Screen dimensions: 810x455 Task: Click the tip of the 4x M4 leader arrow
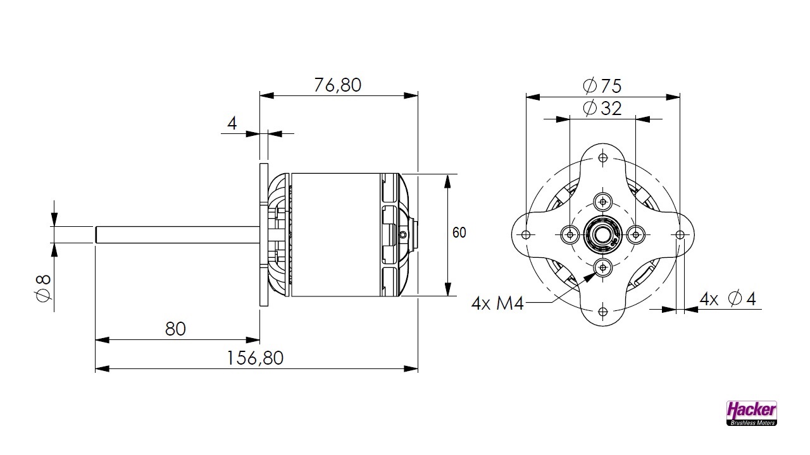tap(596, 273)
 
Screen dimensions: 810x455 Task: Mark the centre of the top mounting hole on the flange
tap(603, 158)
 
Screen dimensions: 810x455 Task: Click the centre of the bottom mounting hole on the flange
tap(603, 312)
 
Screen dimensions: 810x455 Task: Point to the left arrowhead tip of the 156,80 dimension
tap(95, 368)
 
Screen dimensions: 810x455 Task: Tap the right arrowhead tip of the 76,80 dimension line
tap(418, 95)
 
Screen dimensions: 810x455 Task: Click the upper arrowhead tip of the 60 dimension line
tap(447, 174)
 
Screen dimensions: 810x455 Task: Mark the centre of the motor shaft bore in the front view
tap(603, 234)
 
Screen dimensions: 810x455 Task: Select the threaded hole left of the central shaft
tap(570, 234)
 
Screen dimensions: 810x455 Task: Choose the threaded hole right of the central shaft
tap(636, 234)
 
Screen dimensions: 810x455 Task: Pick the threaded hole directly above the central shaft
tap(603, 202)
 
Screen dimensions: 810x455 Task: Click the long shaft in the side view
tap(177, 234)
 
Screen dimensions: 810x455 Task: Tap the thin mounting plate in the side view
tap(264, 234)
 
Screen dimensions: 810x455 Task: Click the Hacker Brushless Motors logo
tap(751, 413)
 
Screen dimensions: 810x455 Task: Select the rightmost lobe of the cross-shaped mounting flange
tap(680, 234)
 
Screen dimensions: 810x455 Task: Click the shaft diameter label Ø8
tap(43, 288)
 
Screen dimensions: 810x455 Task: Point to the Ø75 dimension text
tap(602, 86)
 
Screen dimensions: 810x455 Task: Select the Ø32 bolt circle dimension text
tap(602, 108)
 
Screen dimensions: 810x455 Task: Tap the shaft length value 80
tap(175, 329)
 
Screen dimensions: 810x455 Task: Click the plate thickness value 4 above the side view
tap(232, 123)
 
